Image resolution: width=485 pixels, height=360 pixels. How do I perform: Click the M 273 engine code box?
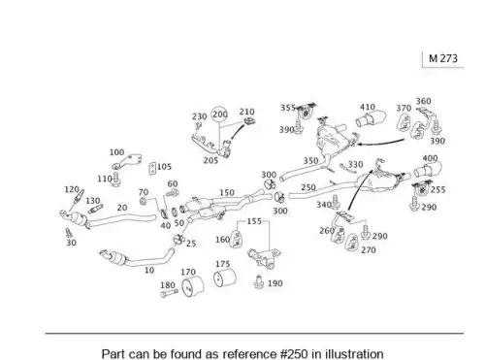point(443,59)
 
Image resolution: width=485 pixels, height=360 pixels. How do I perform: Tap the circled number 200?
point(219,115)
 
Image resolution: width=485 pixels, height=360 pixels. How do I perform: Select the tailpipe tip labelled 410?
point(372,119)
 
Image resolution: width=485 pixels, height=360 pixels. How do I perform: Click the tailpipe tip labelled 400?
point(428,169)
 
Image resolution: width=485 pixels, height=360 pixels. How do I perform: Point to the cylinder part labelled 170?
point(192,286)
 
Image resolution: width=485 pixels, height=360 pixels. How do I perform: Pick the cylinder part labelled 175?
point(225,278)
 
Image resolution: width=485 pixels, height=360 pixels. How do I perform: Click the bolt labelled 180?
point(169,293)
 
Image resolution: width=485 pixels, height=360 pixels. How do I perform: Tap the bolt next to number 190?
point(259,281)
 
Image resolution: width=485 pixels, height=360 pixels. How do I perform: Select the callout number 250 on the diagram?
point(308,187)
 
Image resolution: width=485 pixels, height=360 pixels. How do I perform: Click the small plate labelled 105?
point(152,168)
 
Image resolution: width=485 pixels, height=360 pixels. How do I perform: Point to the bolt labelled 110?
point(116,180)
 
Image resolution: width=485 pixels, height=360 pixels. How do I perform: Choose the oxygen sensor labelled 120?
point(79,197)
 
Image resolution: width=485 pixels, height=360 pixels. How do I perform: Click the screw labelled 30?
point(68,233)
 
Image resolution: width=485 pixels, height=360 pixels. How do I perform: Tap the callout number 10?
point(149,270)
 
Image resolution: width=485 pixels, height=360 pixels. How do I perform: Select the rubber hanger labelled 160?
point(237,239)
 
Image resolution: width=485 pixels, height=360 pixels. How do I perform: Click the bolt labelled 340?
point(335,203)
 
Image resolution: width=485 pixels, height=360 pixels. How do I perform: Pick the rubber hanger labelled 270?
point(352,243)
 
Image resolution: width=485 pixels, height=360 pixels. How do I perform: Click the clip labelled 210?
point(249,121)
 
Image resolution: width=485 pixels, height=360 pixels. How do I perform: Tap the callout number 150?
point(227,192)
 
